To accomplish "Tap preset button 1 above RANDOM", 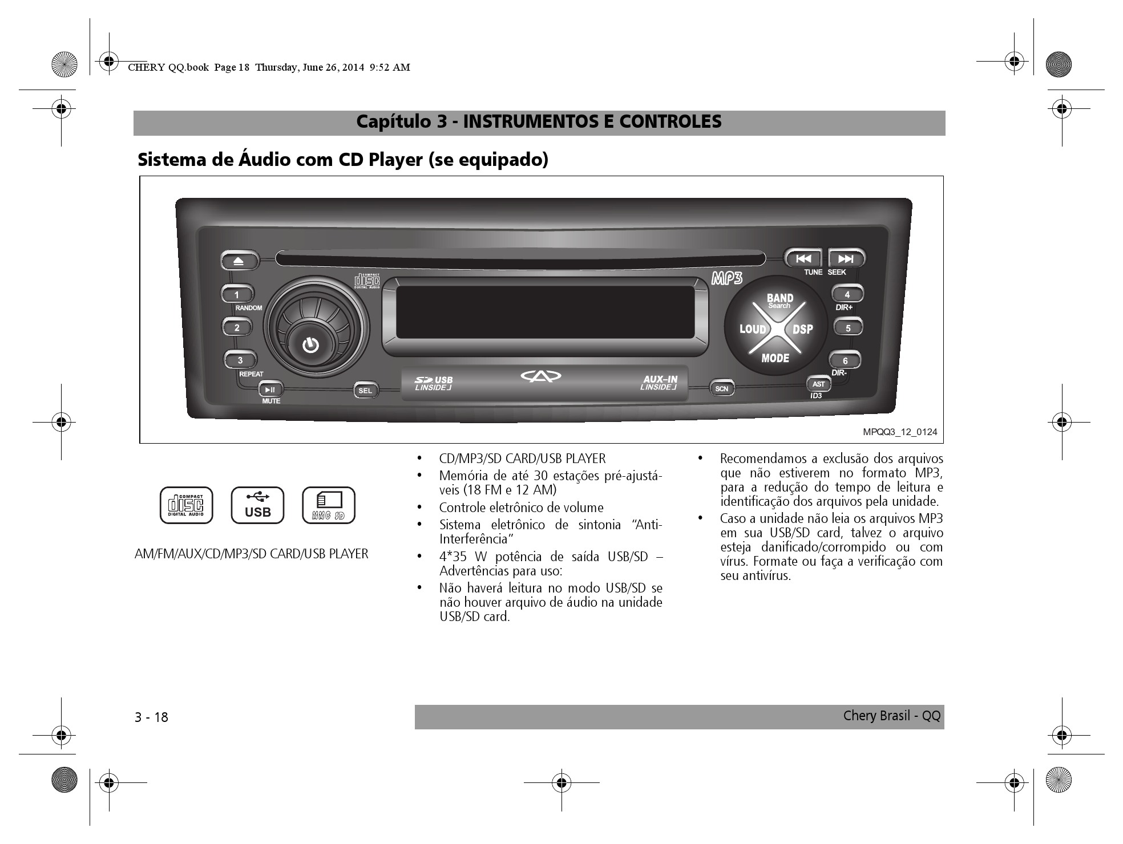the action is click(237, 294).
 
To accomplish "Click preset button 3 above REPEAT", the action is click(240, 360).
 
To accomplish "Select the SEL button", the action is click(365, 391).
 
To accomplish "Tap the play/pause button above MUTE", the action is click(270, 389).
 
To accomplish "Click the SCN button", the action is click(722, 389).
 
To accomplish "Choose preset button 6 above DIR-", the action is click(845, 360).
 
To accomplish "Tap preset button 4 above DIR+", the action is click(847, 295).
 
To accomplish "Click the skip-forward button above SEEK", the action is click(846, 259).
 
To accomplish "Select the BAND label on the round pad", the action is click(779, 298).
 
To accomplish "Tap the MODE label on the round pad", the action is click(775, 358).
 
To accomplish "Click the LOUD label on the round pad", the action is click(753, 329).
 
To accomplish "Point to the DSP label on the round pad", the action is click(802, 329).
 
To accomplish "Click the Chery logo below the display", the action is click(541, 376).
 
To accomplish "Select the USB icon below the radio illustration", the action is click(257, 505).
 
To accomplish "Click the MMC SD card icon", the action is click(329, 505).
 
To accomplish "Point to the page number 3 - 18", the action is click(152, 717).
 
